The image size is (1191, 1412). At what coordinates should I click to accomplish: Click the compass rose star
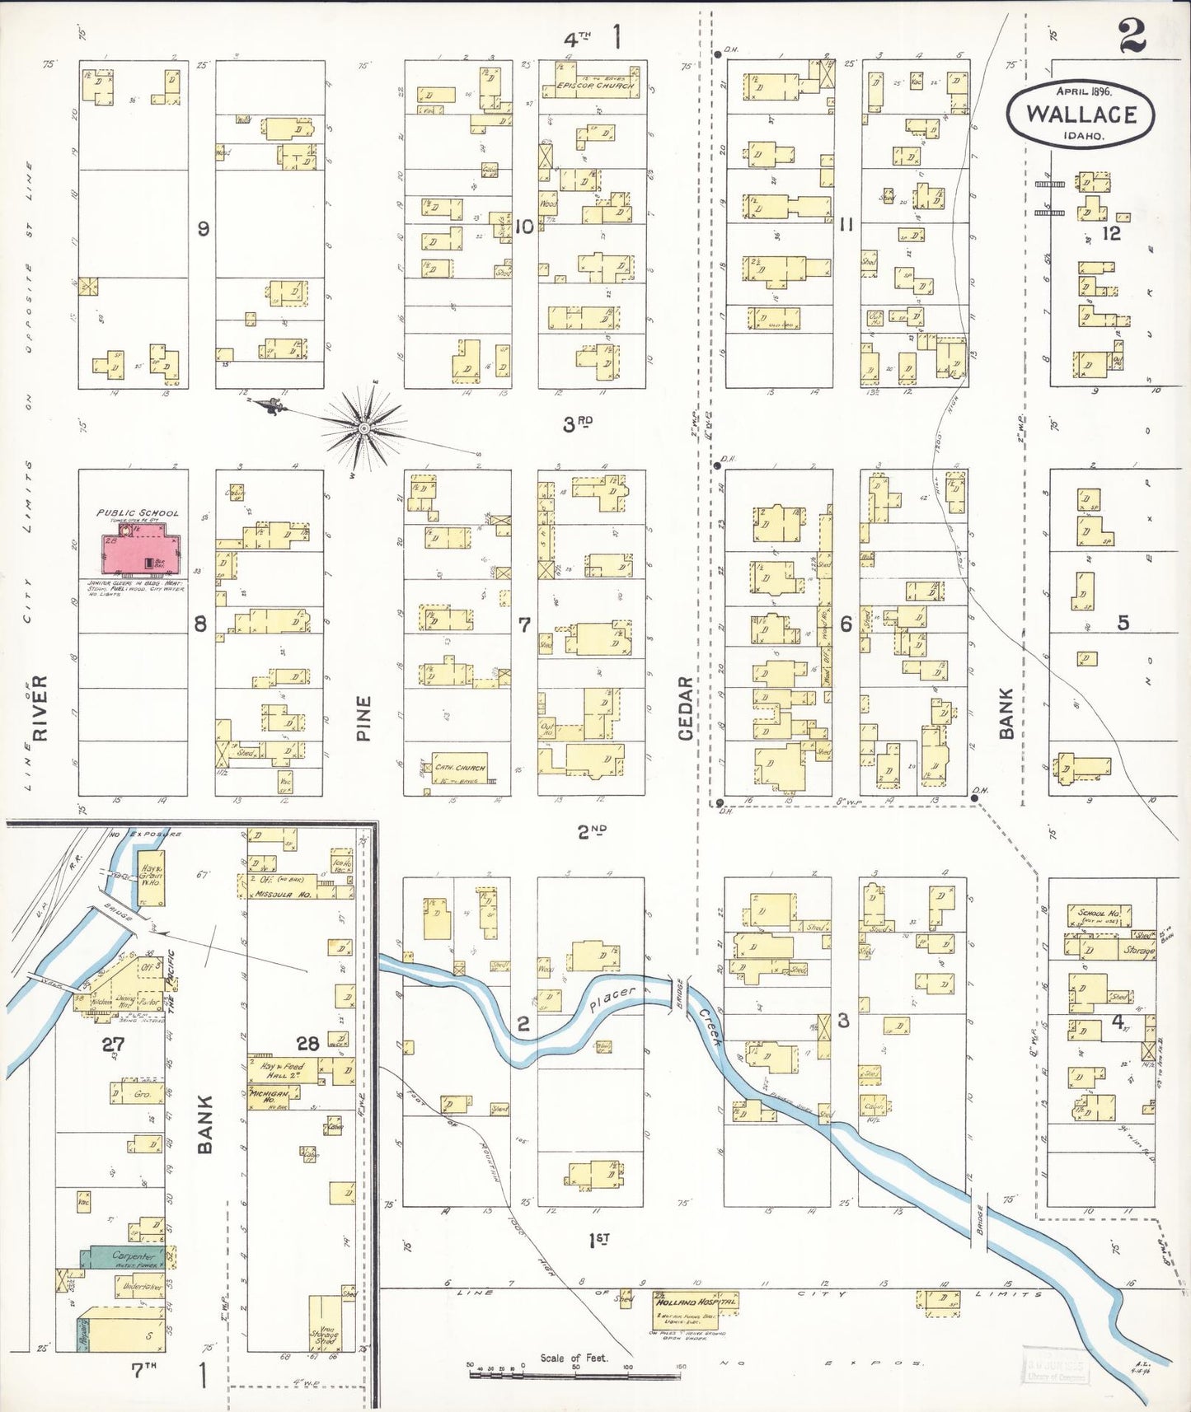coord(363,428)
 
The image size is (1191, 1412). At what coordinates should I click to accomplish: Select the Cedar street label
coord(686,705)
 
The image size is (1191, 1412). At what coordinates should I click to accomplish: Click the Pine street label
coord(363,718)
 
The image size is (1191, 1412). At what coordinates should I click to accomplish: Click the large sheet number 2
coord(1132,37)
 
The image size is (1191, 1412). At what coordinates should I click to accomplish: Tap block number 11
coord(846,224)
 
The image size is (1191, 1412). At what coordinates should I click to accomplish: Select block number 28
coord(307,1044)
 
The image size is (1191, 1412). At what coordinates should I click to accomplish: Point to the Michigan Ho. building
coord(272,1093)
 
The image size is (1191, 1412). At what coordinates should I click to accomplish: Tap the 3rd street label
coord(579,424)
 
